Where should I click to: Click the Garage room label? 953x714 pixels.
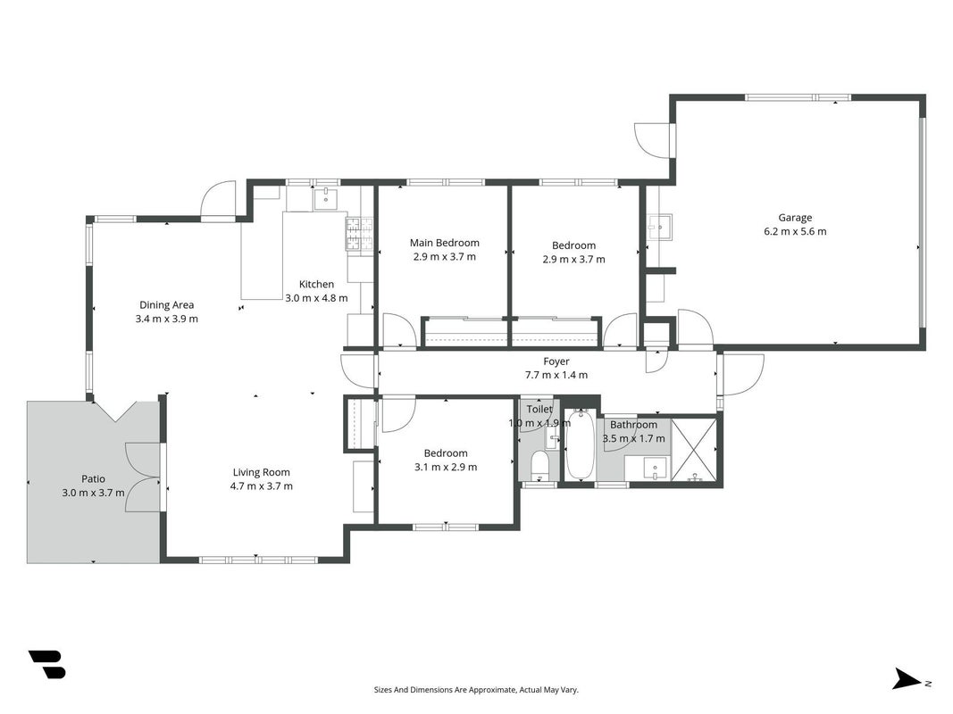point(795,218)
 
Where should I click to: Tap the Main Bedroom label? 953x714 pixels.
point(444,243)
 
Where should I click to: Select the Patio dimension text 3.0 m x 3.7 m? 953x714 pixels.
point(93,493)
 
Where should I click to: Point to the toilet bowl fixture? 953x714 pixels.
point(539,466)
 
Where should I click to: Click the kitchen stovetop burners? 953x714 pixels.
point(359,234)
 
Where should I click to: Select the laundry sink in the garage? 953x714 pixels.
point(659,227)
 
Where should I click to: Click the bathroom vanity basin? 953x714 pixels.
point(656,468)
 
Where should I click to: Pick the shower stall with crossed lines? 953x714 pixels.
point(695,449)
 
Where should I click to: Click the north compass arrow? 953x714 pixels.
point(907,679)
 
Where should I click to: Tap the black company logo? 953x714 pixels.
point(46,664)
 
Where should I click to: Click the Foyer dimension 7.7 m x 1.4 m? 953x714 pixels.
point(556,375)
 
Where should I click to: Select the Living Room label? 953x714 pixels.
point(262,472)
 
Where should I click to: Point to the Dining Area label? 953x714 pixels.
point(166,304)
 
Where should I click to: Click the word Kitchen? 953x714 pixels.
point(316,284)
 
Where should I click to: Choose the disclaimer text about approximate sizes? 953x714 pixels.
point(476,690)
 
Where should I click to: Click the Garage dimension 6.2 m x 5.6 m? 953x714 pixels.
point(795,231)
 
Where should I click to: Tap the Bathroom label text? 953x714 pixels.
point(633,425)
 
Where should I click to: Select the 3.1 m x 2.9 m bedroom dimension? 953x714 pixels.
point(446,467)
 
